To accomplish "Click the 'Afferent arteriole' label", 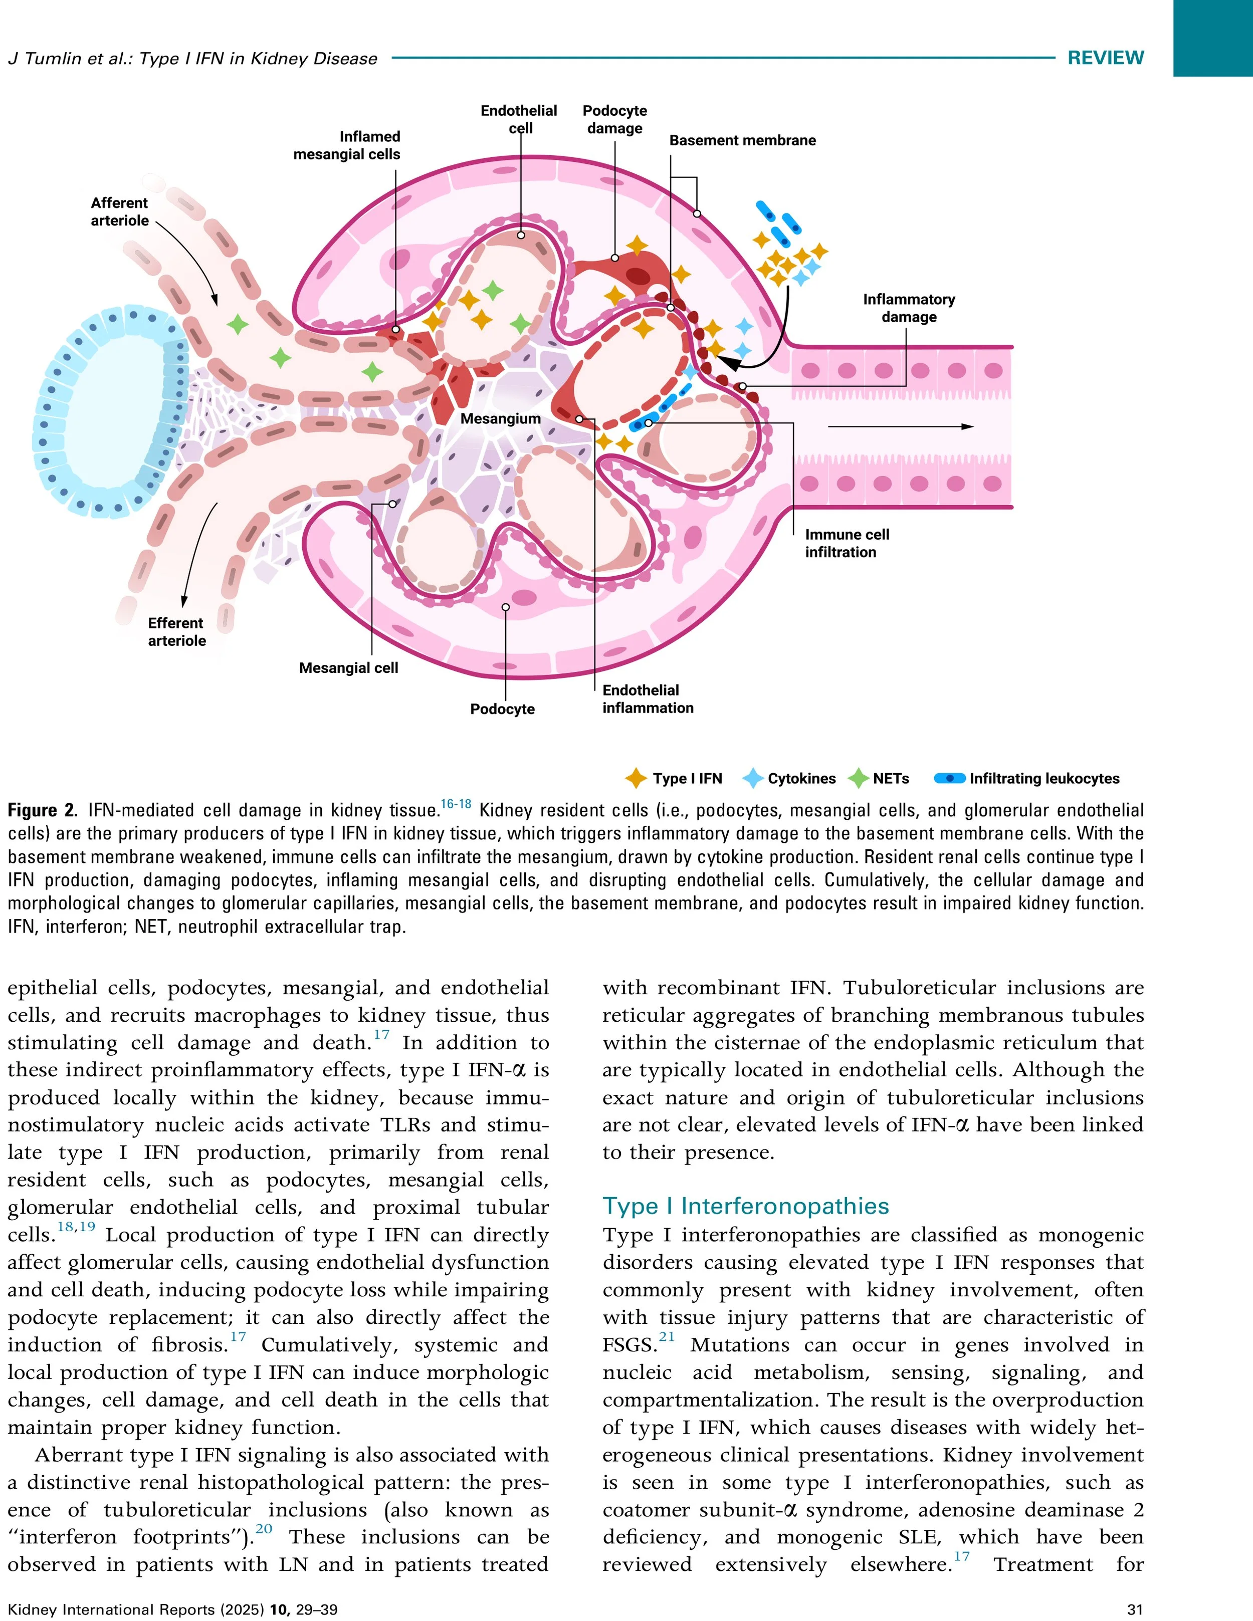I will click(x=119, y=211).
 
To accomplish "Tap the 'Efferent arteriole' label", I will click(x=176, y=632).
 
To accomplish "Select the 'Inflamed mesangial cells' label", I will click(x=347, y=145).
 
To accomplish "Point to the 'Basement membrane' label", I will click(x=742, y=140).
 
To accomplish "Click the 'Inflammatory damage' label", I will click(x=909, y=308).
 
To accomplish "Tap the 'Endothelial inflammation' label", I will click(x=647, y=699).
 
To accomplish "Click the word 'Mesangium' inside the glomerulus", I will click(x=500, y=418).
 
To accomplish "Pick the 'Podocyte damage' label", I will click(x=614, y=119).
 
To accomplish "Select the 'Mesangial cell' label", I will click(x=348, y=668).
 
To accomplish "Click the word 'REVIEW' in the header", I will click(x=1105, y=58).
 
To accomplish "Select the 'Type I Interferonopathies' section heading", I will click(x=745, y=1206).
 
